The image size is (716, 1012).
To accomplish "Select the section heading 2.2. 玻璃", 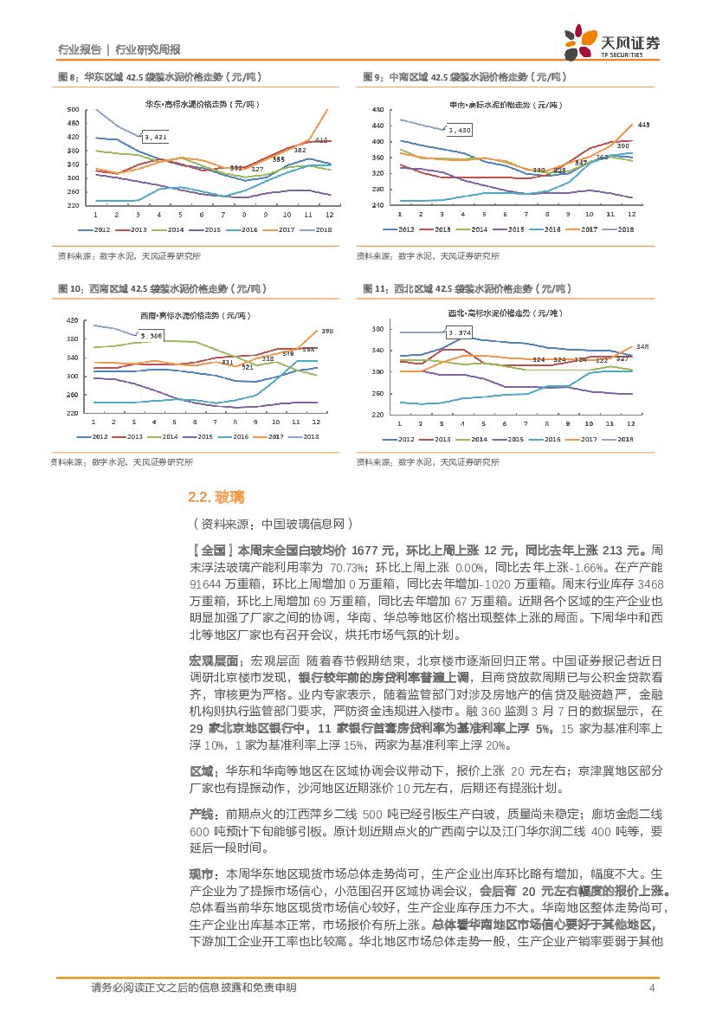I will click(x=216, y=496).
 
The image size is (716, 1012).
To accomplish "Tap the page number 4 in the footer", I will click(x=651, y=988).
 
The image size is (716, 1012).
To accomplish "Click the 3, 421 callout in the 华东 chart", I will click(x=155, y=137).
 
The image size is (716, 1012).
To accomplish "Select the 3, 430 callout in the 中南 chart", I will click(x=458, y=130).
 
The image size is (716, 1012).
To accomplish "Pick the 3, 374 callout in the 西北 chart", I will click(x=459, y=332).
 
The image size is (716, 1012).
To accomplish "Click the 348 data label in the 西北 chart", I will click(x=642, y=347).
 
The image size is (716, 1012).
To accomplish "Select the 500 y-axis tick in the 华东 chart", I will click(x=72, y=109).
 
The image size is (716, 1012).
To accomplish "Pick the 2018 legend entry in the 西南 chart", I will click(x=304, y=436).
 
